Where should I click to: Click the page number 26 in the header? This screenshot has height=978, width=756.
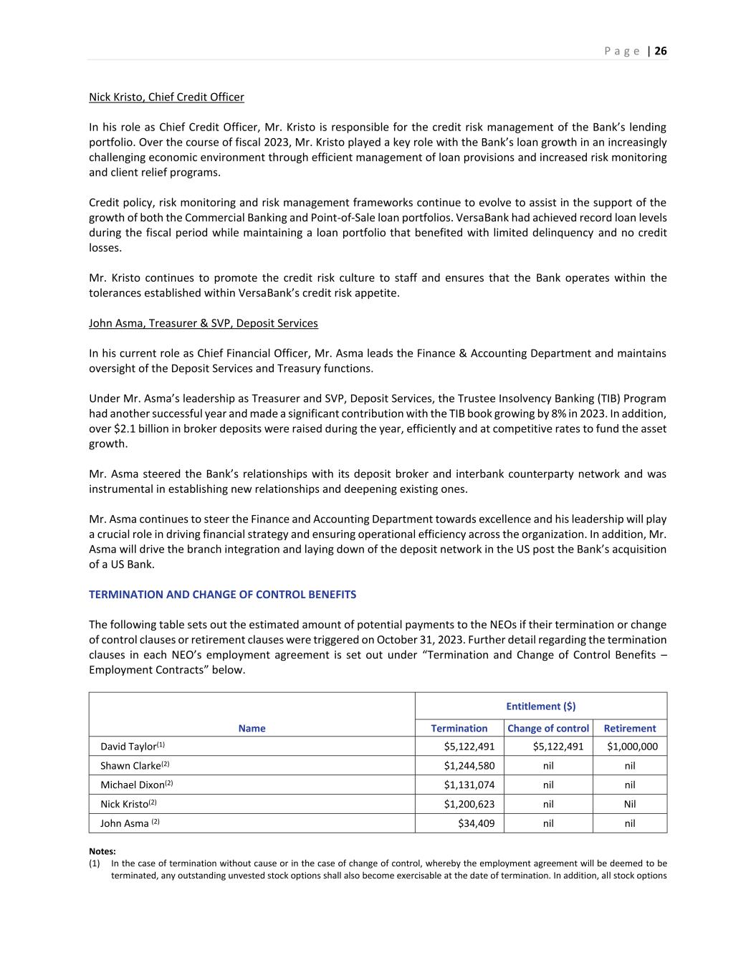click(661, 51)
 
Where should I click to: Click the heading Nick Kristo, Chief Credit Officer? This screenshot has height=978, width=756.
click(166, 97)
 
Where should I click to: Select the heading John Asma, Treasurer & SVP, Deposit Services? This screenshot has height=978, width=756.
click(203, 323)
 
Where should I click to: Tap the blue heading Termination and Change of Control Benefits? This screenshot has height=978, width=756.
click(222, 594)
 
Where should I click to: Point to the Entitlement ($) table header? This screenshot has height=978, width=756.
click(540, 706)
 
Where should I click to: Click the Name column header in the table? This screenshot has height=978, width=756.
click(252, 728)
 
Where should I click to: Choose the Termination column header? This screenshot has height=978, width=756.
click(459, 728)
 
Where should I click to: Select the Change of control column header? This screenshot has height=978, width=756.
click(548, 728)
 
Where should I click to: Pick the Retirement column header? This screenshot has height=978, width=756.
click(630, 728)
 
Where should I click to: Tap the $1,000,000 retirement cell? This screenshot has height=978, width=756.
click(632, 747)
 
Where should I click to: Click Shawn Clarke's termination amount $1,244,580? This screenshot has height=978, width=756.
click(469, 766)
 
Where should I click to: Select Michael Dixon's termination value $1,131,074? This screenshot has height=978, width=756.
click(469, 785)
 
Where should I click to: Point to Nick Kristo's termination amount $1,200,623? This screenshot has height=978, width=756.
click(469, 804)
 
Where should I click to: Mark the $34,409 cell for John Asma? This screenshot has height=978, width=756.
click(477, 823)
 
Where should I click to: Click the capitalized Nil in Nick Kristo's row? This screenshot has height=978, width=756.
click(630, 804)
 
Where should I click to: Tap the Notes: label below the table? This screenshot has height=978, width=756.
click(102, 851)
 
